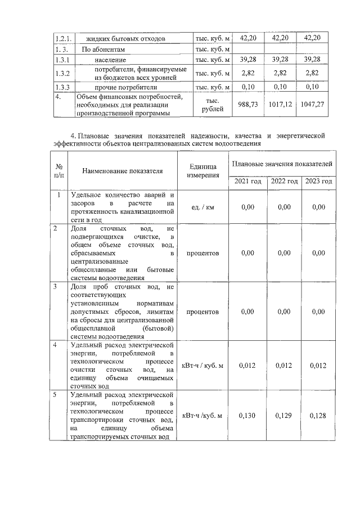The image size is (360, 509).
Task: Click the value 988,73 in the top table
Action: pyautogui.click(x=248, y=105)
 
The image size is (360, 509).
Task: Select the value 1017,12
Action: pyautogui.click(x=280, y=105)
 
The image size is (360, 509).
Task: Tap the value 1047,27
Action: pyautogui.click(x=312, y=105)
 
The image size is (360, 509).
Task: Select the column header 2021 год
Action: pyautogui.click(x=248, y=181)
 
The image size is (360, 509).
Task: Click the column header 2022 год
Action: pyautogui.click(x=284, y=181)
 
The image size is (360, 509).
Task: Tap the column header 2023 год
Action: pyautogui.click(x=319, y=181)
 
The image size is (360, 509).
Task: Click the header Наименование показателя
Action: pyautogui.click(x=122, y=171)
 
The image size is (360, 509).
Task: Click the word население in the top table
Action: pyautogui.click(x=110, y=60)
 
